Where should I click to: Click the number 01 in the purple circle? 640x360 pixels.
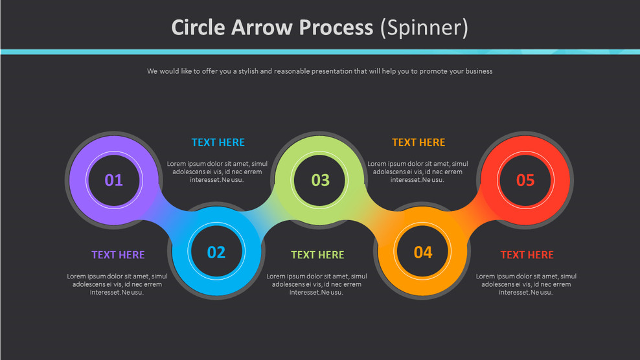pyautogui.click(x=114, y=180)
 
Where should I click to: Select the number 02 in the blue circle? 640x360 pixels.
pyautogui.click(x=216, y=252)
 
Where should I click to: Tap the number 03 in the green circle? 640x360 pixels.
pyautogui.click(x=320, y=180)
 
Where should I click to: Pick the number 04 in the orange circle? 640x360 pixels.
pyautogui.click(x=423, y=252)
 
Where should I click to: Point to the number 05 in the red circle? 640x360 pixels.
pyautogui.click(x=525, y=180)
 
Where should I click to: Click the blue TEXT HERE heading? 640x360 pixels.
pyautogui.click(x=218, y=142)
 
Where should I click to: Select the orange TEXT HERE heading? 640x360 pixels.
pyautogui.click(x=418, y=142)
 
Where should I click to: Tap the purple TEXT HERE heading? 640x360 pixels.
pyautogui.click(x=118, y=255)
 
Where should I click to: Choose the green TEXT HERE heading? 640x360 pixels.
pyautogui.click(x=317, y=255)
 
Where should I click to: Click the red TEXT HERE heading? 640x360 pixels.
pyautogui.click(x=527, y=255)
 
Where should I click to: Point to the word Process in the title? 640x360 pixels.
pyautogui.click(x=336, y=28)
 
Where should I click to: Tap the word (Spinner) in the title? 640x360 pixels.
pyautogui.click(x=424, y=28)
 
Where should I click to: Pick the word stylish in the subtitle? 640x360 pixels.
pyautogui.click(x=246, y=71)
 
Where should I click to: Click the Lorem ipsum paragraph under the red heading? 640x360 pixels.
pyautogui.click(x=526, y=284)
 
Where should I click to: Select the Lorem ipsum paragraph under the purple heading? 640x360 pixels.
pyautogui.click(x=117, y=284)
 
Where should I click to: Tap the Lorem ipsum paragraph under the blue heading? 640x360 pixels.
pyautogui.click(x=217, y=172)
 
